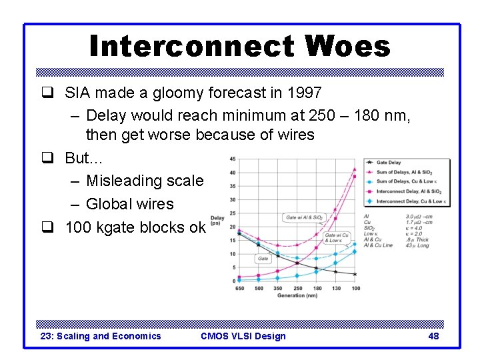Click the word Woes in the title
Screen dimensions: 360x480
point(347,46)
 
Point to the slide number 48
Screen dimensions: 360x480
point(433,336)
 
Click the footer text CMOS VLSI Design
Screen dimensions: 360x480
point(243,336)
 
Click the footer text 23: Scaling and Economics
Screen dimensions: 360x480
point(101,336)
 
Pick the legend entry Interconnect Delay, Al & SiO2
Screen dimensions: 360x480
point(408,191)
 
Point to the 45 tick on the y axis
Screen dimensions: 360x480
point(231,159)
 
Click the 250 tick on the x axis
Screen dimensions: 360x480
point(297,288)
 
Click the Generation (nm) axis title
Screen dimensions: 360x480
point(297,295)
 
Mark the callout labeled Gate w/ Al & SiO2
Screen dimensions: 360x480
point(303,217)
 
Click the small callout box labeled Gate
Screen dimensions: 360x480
point(263,259)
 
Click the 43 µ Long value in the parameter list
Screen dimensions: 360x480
point(417,245)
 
